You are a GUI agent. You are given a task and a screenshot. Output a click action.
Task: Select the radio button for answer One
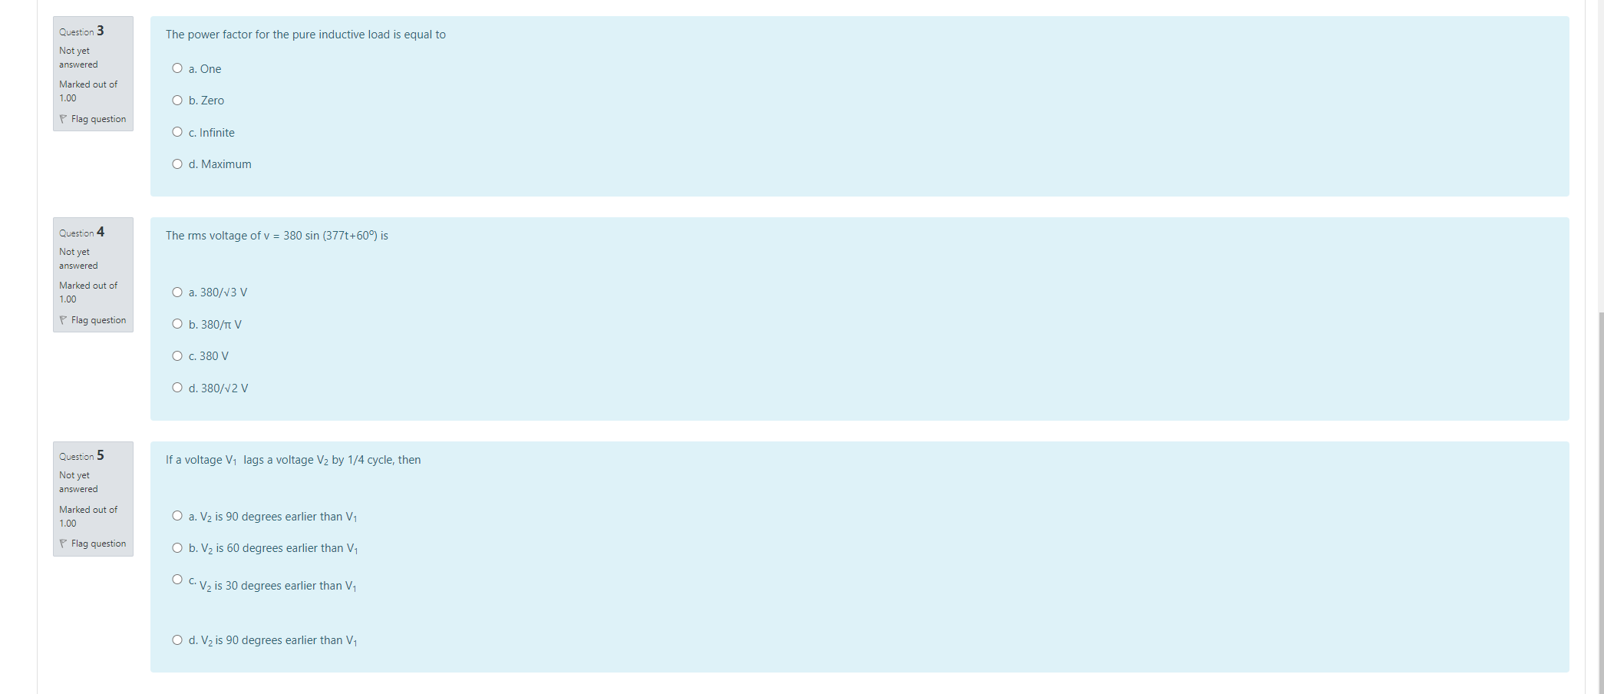(x=177, y=68)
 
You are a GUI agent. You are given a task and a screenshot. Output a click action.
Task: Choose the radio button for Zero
(x=177, y=101)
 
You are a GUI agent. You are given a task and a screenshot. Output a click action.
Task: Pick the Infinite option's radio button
(x=177, y=132)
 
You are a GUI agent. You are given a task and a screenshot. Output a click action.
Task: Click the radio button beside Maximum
(x=177, y=164)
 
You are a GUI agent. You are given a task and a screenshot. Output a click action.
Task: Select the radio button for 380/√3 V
(x=177, y=292)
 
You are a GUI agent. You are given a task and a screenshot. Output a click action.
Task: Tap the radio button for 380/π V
(x=177, y=324)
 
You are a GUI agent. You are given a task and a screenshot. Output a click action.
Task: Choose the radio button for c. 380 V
(x=177, y=356)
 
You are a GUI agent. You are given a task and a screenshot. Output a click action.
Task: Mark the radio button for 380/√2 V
(x=177, y=388)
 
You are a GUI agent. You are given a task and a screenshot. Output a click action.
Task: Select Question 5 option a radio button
(x=177, y=516)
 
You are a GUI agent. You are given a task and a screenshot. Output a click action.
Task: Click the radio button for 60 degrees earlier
(x=177, y=548)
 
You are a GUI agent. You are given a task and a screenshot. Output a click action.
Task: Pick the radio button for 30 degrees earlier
(x=177, y=580)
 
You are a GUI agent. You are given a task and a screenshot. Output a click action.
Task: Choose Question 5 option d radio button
(x=177, y=640)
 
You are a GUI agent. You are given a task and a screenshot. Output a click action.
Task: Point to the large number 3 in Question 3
(x=101, y=31)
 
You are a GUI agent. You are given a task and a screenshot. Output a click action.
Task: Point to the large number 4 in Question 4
(x=101, y=232)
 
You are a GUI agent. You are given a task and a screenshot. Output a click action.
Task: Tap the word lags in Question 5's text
(x=253, y=460)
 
